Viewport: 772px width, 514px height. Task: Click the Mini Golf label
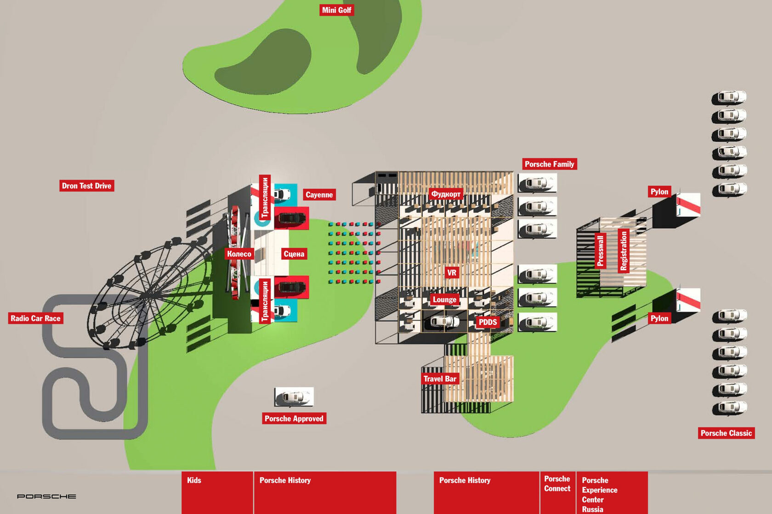pos(336,10)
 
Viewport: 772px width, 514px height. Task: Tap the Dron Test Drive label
pos(86,186)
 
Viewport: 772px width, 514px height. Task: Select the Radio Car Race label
pos(35,318)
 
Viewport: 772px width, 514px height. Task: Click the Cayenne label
pos(319,195)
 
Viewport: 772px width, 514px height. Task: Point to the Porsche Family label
pos(549,164)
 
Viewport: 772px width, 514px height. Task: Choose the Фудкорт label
pos(445,194)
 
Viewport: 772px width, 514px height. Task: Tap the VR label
pos(452,273)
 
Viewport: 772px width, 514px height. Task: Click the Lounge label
pos(444,300)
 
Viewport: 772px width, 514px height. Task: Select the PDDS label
pos(488,322)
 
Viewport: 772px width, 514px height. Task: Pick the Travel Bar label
pos(440,379)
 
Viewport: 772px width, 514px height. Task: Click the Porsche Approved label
pos(294,419)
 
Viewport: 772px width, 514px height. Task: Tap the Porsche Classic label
pos(726,433)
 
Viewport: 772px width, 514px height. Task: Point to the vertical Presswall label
pos(600,251)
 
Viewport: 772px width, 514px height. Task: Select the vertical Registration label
pos(624,251)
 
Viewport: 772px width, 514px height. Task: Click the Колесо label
pos(239,254)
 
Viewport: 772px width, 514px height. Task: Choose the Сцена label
pos(294,254)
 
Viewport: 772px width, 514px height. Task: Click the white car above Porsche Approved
pos(294,397)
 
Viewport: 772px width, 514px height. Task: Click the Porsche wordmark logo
pos(46,497)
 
